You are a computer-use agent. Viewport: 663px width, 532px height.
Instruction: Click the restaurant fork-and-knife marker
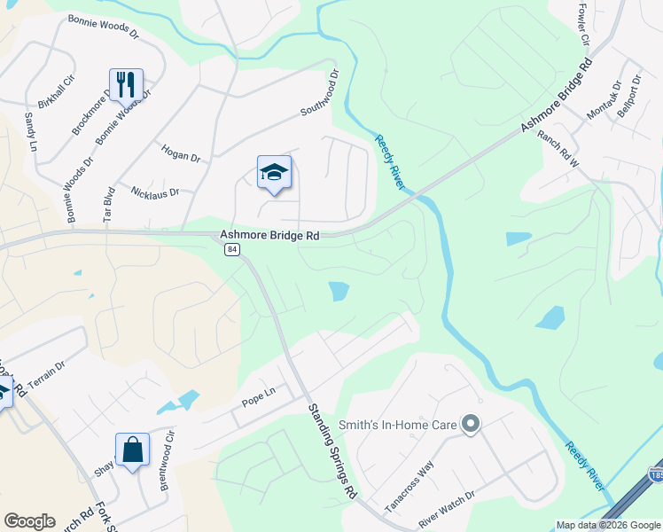tap(125, 84)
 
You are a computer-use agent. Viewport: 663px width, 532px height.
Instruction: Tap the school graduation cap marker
tap(274, 172)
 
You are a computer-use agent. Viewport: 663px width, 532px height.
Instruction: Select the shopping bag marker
tap(132, 449)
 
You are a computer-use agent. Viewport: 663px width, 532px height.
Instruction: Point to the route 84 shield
tap(231, 250)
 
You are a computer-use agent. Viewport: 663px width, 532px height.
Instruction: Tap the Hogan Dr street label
tap(182, 154)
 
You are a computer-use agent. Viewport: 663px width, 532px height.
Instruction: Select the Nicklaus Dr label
tap(155, 192)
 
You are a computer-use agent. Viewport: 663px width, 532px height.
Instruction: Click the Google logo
tap(30, 521)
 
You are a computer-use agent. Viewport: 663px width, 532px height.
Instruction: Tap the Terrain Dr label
tap(46, 376)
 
